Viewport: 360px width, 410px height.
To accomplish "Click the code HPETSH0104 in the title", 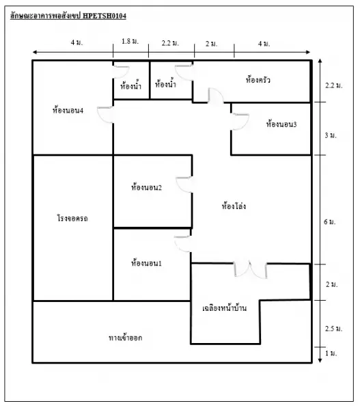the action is pyautogui.click(x=105, y=16).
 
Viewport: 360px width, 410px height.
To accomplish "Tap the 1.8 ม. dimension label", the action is pyautogui.click(x=130, y=41).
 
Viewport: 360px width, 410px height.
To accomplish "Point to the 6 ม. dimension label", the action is pyautogui.click(x=329, y=221).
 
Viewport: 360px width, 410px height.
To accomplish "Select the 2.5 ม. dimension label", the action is pyautogui.click(x=333, y=329).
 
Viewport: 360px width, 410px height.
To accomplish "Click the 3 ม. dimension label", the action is pyautogui.click(x=330, y=135).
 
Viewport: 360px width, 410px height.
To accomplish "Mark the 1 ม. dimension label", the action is pyautogui.click(x=331, y=353).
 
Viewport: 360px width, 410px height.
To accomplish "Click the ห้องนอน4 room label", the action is pyautogui.click(x=68, y=110).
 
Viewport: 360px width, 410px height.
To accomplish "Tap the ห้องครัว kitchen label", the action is pyautogui.click(x=258, y=79).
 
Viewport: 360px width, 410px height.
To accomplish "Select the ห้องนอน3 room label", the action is pyautogui.click(x=281, y=124).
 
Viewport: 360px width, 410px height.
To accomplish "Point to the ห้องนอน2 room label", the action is pyautogui.click(x=146, y=187).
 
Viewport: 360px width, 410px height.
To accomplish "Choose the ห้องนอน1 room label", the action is pyautogui.click(x=146, y=262).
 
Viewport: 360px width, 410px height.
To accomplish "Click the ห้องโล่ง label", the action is pyautogui.click(x=234, y=206).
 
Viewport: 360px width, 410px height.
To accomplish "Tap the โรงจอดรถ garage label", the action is pyautogui.click(x=72, y=218).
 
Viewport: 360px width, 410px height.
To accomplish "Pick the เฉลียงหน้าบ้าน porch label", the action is pyautogui.click(x=224, y=307).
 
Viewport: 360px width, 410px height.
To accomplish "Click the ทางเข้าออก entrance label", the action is pyautogui.click(x=125, y=338).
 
